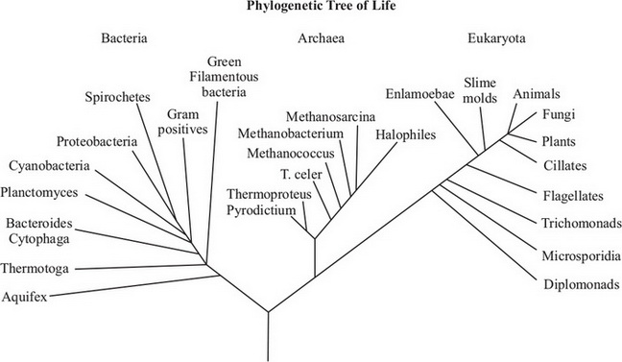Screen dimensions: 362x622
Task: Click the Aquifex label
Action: [24, 296]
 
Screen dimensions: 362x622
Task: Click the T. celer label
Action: [300, 174]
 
